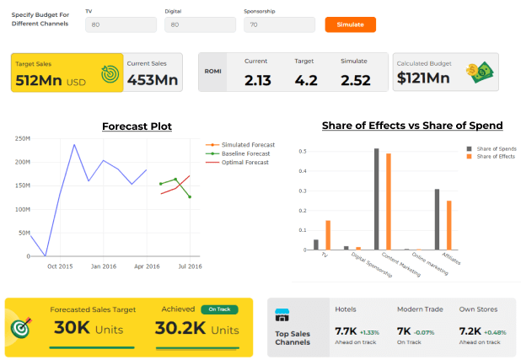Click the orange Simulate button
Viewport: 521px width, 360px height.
click(350, 24)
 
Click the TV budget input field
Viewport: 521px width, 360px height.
click(121, 25)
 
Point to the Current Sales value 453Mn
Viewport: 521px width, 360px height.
click(153, 79)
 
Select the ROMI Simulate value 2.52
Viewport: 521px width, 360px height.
click(354, 80)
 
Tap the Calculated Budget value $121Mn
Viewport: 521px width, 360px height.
click(427, 79)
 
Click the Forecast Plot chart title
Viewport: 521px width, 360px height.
click(137, 126)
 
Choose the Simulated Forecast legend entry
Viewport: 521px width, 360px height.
click(246, 145)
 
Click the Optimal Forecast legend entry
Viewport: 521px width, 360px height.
click(244, 162)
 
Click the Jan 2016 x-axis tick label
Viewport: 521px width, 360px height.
click(104, 266)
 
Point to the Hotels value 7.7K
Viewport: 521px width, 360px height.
click(346, 330)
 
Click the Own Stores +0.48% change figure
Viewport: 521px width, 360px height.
click(494, 331)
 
